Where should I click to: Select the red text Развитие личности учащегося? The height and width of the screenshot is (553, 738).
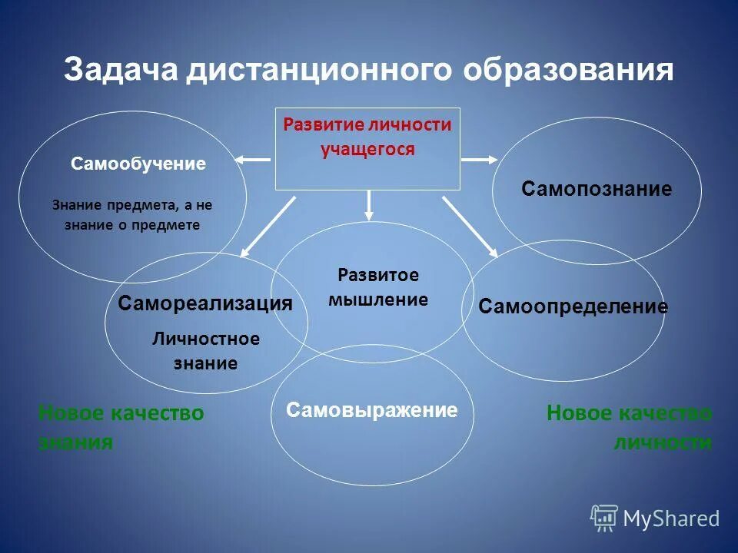367,137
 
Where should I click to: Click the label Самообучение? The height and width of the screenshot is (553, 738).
138,164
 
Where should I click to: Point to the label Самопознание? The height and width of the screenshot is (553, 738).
597,189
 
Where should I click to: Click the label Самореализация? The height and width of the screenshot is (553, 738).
205,303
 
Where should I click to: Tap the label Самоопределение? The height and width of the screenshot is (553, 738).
573,307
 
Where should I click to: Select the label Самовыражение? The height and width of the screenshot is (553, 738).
371,410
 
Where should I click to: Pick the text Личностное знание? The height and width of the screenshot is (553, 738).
205,351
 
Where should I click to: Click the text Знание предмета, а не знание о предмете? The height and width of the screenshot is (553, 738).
131,215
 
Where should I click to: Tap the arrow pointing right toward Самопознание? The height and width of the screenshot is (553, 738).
480,160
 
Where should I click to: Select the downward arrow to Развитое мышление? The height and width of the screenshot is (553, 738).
369,204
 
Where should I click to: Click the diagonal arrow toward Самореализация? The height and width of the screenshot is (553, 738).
268,225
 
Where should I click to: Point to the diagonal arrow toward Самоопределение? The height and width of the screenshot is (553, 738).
470,225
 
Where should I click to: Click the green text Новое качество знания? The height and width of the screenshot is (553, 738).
121,427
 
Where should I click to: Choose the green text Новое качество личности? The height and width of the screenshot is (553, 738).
629,427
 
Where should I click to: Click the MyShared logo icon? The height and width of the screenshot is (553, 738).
604,518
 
